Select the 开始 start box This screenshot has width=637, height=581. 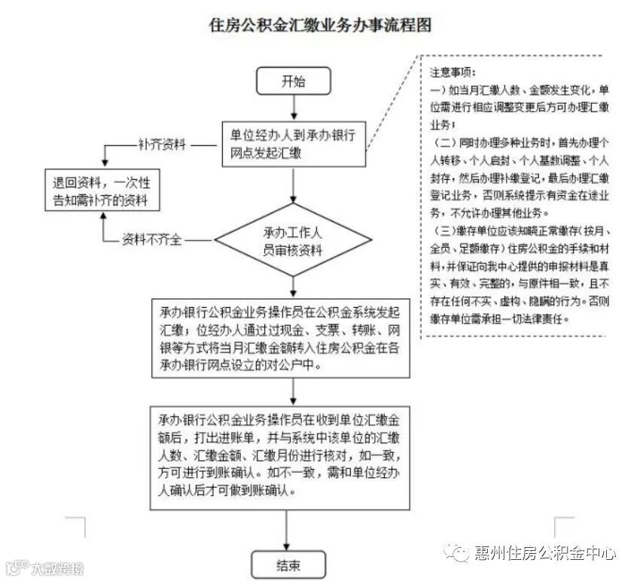tap(294, 81)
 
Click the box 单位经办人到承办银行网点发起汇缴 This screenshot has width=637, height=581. tap(294, 144)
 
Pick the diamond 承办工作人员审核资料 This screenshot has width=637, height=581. tap(294, 241)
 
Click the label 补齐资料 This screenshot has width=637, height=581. tap(161, 144)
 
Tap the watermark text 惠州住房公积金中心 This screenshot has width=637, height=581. tap(546, 554)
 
